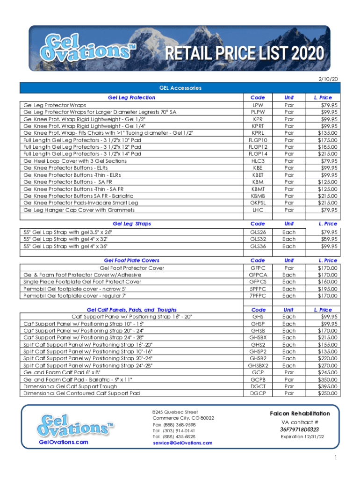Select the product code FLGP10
coord(258,140)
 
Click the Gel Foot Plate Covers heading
coord(131,261)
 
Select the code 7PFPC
coord(258,296)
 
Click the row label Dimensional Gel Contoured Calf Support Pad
coord(81,393)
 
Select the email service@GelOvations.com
coord(182,443)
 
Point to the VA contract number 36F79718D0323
coord(299,429)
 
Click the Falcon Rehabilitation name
coord(300,414)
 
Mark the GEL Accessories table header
coord(180,87)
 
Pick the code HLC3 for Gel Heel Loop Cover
coord(258,161)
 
